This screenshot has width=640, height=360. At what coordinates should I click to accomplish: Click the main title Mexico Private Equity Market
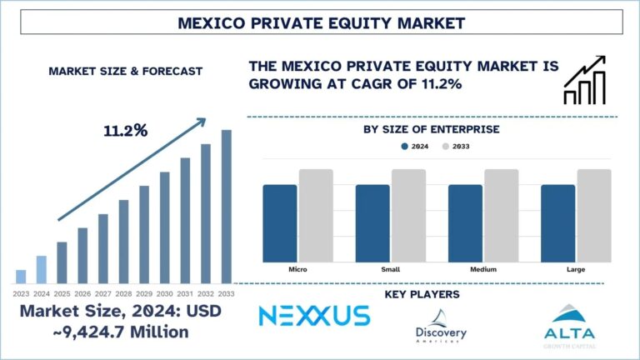(x=320, y=22)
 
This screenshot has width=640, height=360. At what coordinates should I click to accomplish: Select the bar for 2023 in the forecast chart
(x=21, y=276)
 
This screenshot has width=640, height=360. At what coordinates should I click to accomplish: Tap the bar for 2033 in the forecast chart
(x=226, y=206)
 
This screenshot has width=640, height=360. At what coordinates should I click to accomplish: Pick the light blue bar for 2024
(x=42, y=269)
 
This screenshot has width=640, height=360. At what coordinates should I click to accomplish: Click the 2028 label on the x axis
(x=123, y=292)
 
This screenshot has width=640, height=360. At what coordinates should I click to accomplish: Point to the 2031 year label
(x=185, y=292)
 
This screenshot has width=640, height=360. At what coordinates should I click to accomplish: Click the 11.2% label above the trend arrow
(x=125, y=131)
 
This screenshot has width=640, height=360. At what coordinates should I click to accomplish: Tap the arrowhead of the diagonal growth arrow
(x=201, y=122)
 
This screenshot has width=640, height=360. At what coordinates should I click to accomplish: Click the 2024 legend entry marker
(x=405, y=146)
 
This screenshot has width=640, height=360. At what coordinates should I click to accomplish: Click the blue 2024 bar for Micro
(x=280, y=222)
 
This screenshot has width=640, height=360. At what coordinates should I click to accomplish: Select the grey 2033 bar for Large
(x=594, y=214)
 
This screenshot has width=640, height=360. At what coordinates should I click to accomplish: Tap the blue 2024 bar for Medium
(x=465, y=222)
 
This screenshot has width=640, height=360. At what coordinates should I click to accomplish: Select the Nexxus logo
(x=313, y=316)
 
